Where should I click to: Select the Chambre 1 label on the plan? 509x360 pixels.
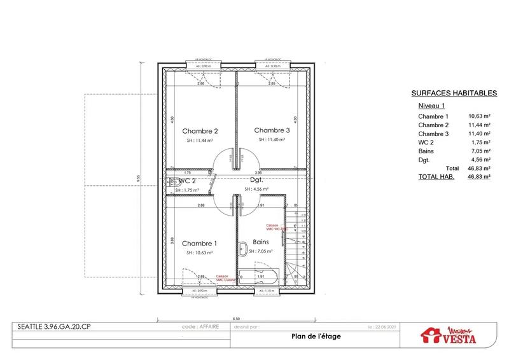click(199, 244)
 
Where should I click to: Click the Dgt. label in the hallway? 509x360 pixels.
click(257, 180)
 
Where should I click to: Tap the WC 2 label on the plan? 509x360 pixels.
click(186, 181)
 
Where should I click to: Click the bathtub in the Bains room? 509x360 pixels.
click(261, 277)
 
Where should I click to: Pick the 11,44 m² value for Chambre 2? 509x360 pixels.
click(479, 125)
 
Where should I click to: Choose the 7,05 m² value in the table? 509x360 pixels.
click(479, 152)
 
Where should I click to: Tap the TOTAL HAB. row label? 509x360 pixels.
click(436, 177)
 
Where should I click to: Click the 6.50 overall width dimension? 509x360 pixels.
click(235, 317)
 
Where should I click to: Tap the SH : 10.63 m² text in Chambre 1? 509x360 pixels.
click(199, 253)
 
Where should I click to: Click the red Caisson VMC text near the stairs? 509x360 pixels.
click(273, 227)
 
